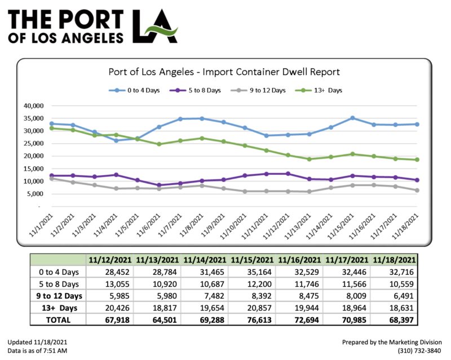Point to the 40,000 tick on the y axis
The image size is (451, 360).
pos(32,105)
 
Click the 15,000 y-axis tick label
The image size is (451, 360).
pos(32,168)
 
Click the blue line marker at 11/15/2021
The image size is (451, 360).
pos(352,118)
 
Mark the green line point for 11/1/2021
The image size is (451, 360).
pos(52,128)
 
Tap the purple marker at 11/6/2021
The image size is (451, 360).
pos(143,185)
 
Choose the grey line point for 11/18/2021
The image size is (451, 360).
pos(417,190)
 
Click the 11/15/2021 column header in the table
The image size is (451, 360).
pos(255,260)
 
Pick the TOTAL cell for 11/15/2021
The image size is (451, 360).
pos(255,319)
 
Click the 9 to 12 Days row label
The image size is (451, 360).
pos(55,296)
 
